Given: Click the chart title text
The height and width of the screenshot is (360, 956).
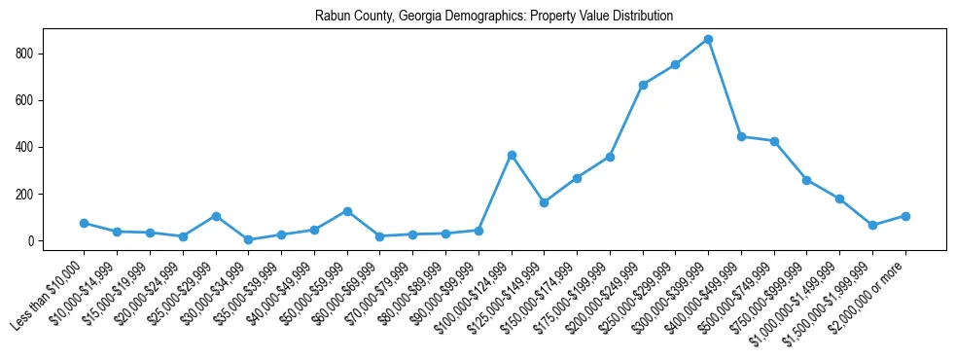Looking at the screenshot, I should [494, 17].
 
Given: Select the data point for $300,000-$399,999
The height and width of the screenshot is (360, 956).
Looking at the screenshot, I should [708, 40].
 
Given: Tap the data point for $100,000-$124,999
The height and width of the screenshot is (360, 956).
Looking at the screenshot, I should [511, 155].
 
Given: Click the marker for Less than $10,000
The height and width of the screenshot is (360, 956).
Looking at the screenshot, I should [84, 223].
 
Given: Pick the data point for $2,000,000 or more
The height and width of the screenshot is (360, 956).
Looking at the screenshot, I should [905, 216].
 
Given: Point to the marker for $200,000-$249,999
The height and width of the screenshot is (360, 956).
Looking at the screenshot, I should [643, 85].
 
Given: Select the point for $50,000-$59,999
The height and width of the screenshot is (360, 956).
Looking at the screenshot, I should [347, 211].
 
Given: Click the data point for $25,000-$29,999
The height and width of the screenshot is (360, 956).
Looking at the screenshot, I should [216, 216].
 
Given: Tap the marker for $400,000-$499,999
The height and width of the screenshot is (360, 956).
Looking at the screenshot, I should [741, 136].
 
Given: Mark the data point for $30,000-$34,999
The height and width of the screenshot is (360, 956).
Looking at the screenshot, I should [248, 239].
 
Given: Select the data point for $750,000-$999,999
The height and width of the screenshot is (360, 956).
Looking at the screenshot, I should [807, 180].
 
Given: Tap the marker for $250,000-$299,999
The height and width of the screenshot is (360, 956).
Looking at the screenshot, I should [675, 64].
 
